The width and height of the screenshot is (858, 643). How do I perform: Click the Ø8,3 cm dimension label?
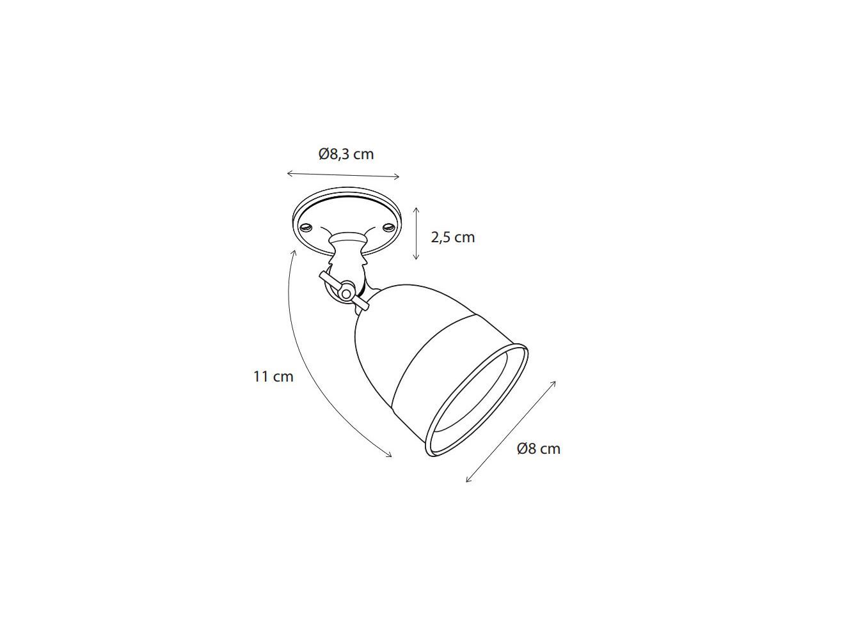pyautogui.click(x=346, y=154)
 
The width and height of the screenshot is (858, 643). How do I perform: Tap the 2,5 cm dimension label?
pyautogui.click(x=452, y=237)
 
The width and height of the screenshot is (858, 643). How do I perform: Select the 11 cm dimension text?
pyautogui.click(x=273, y=376)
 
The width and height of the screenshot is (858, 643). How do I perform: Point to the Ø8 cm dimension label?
pyautogui.click(x=538, y=449)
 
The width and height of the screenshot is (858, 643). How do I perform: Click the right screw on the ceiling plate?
pyautogui.click(x=387, y=226)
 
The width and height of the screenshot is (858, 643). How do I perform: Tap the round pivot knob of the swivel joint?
pyautogui.click(x=346, y=293)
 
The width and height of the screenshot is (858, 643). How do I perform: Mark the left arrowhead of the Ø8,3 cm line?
pyautogui.click(x=289, y=173)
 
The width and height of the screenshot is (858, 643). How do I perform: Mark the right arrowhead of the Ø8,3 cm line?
pyautogui.click(x=398, y=177)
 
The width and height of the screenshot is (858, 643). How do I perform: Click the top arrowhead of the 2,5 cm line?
pyautogui.click(x=416, y=209)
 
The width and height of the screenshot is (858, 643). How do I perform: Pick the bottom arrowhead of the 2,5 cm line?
pyautogui.click(x=416, y=258)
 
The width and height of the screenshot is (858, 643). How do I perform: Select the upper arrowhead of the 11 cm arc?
pyautogui.click(x=294, y=251)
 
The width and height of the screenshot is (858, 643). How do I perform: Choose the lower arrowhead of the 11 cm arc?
pyautogui.click(x=390, y=456)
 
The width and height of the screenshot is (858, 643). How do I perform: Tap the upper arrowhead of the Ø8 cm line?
pyautogui.click(x=554, y=382)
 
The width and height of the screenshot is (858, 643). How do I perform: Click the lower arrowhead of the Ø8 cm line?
pyautogui.click(x=468, y=480)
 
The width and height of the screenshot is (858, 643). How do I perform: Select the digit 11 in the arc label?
pyautogui.click(x=260, y=376)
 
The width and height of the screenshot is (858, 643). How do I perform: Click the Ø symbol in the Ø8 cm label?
pyautogui.click(x=522, y=449)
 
